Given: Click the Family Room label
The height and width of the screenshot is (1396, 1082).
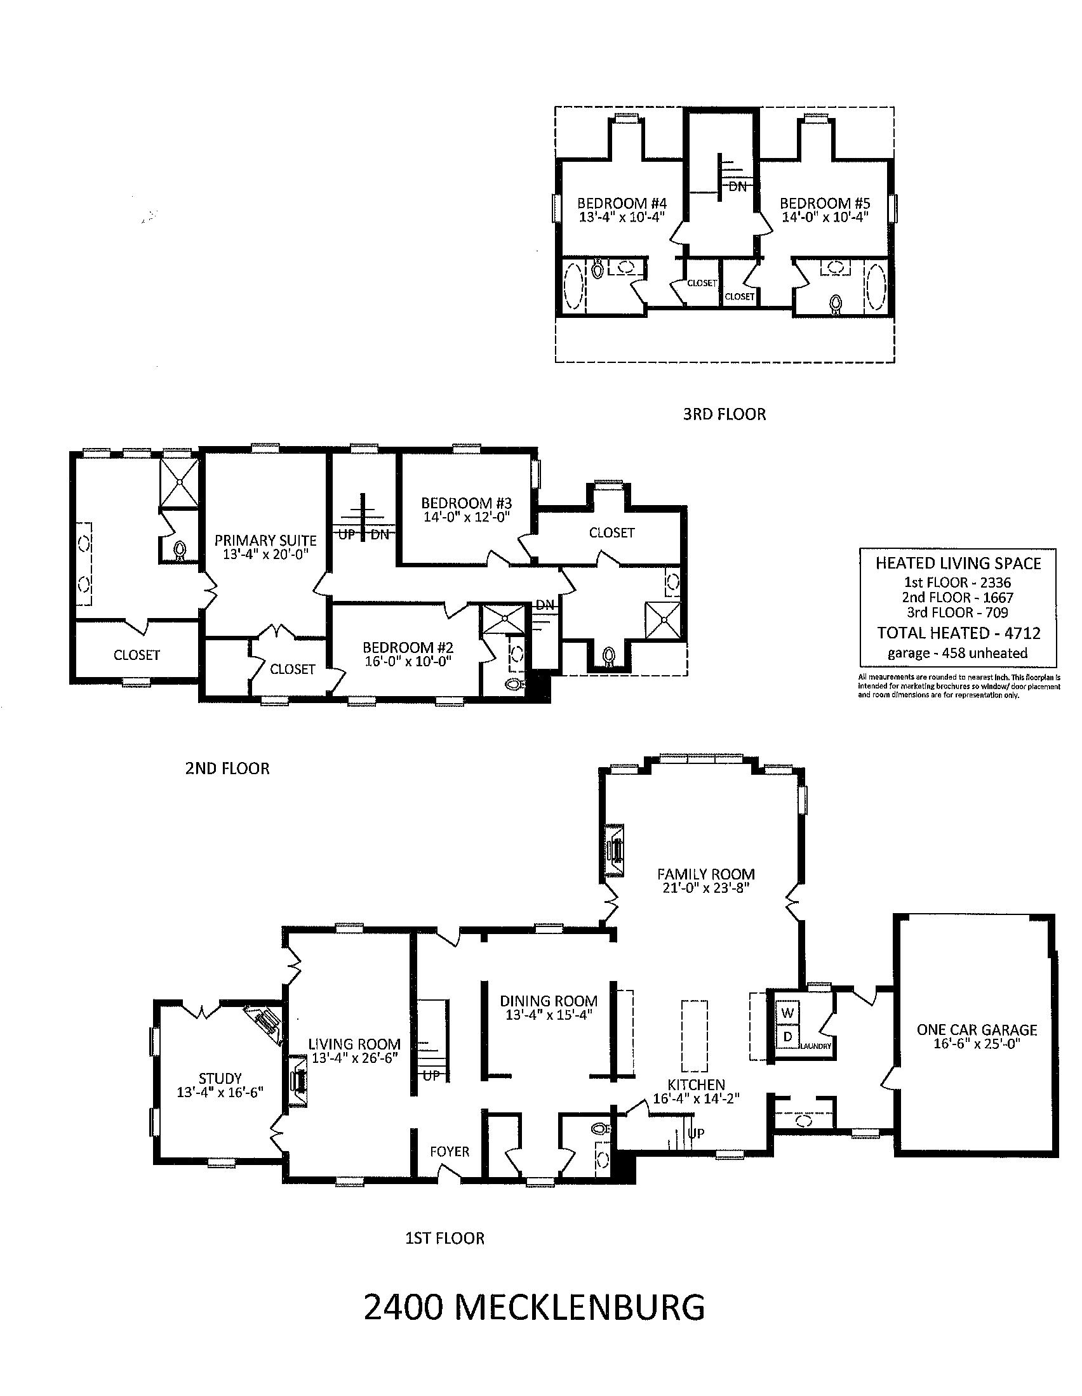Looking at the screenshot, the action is [706, 874].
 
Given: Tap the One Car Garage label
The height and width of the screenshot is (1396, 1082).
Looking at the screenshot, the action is [977, 1030].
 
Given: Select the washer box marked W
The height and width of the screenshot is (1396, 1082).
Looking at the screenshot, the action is [788, 1013].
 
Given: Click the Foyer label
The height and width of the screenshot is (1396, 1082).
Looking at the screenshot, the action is [450, 1151].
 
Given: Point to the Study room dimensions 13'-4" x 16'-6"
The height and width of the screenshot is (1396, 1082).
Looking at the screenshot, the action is [220, 1093].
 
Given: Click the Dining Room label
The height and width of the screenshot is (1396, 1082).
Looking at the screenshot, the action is [549, 1001].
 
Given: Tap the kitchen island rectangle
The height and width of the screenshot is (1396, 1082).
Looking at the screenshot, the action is [695, 1036].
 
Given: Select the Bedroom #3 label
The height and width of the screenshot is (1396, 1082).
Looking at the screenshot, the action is [466, 503].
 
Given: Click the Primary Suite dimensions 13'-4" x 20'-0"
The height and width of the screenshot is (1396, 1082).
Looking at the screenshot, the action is [265, 555].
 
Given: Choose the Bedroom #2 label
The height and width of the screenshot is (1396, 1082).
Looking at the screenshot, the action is [408, 647].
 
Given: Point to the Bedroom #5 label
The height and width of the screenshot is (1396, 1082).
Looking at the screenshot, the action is [825, 203].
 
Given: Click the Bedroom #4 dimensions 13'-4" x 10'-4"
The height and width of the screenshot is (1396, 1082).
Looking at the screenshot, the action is [622, 217].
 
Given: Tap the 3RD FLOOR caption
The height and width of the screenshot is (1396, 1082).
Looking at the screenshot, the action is [724, 414].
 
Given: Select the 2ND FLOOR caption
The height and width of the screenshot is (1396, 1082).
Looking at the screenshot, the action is [227, 768].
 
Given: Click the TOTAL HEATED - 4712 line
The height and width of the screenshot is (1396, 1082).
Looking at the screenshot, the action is [959, 633].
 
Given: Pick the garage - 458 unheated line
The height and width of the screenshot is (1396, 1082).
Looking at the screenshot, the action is [958, 653].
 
